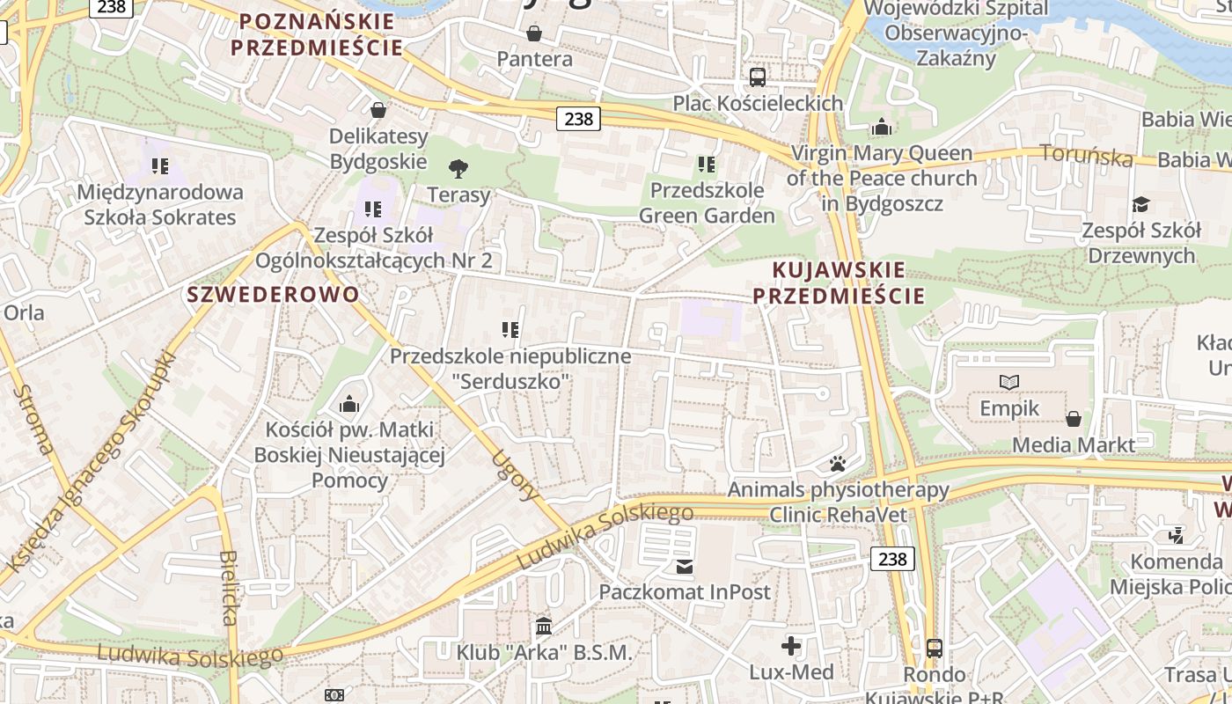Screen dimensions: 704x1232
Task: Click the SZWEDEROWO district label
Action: tap(273, 294)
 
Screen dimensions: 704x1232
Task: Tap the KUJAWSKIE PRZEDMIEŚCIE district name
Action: tap(839, 282)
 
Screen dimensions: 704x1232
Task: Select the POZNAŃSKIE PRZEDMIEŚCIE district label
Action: tap(317, 34)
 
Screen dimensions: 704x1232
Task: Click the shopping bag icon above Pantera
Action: tap(533, 33)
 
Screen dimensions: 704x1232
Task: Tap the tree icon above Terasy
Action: tap(458, 168)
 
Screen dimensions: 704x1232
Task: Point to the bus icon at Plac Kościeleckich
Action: tap(757, 77)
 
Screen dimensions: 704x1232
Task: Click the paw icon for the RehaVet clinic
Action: tap(838, 463)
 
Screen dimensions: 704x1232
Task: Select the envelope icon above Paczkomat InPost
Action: tap(685, 566)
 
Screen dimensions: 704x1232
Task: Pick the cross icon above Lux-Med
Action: tap(791, 646)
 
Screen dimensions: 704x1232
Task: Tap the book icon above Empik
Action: tap(1009, 382)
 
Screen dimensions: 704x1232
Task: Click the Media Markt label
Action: tap(1074, 444)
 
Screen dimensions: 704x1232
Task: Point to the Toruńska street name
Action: tap(1086, 155)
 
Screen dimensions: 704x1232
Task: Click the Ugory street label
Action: tap(516, 474)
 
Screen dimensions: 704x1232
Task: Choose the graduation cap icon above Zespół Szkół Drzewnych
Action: tap(1140, 204)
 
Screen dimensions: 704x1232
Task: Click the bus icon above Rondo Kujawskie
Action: tap(934, 649)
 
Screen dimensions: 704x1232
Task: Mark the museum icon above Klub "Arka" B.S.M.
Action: tap(544, 627)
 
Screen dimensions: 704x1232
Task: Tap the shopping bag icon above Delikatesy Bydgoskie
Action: tap(378, 110)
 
